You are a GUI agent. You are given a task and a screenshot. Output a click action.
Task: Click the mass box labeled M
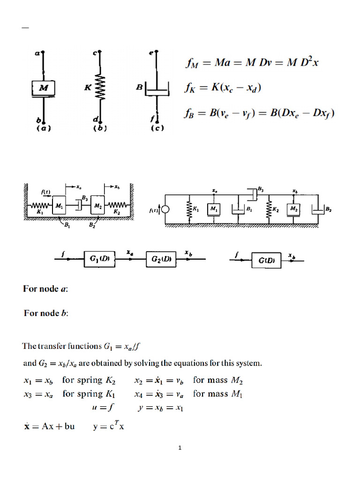point(44,88)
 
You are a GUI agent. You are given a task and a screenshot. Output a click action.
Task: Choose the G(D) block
point(266,259)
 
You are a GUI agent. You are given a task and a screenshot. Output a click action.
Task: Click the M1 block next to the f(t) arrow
point(59,205)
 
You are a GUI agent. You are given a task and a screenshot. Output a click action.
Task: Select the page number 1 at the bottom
point(180,448)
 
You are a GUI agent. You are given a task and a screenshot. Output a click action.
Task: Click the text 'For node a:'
point(46,289)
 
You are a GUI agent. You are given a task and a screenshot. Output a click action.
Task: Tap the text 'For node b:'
point(46,313)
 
